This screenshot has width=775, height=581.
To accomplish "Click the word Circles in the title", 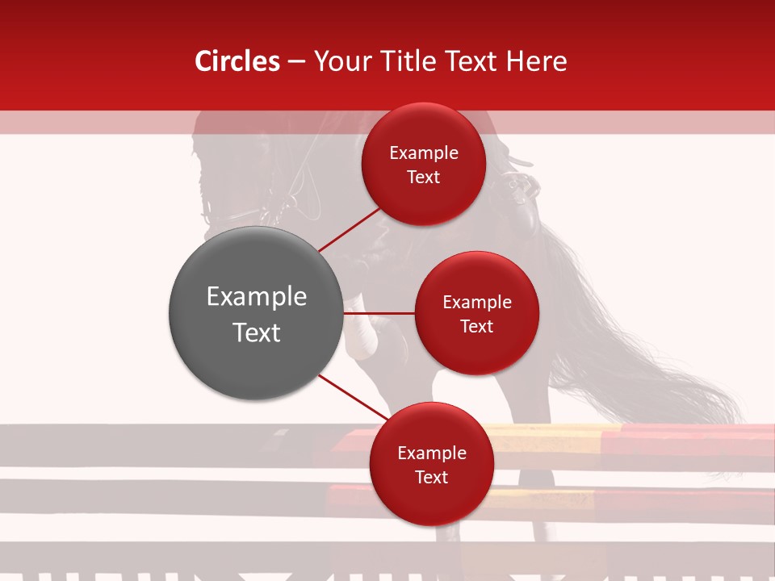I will (237, 61).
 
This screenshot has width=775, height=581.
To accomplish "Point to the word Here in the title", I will (536, 61).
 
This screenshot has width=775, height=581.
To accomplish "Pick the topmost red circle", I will (424, 164).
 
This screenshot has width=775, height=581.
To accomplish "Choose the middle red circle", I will (476, 313).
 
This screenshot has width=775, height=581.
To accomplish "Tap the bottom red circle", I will (431, 464).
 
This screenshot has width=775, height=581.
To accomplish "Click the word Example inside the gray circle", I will (257, 297).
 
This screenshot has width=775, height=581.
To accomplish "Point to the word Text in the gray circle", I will (257, 332).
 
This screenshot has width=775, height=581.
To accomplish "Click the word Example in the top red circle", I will (424, 153).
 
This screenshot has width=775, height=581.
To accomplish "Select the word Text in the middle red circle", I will (476, 326).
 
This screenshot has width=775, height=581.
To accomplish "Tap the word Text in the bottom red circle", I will (431, 477).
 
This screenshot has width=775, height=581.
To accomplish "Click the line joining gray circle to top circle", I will (349, 229).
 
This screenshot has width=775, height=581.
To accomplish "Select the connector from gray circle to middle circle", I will (379, 313).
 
